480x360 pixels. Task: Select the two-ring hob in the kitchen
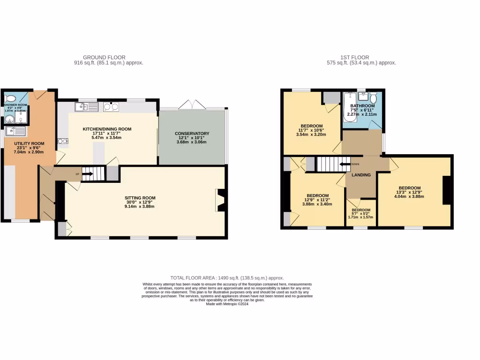point(111,107)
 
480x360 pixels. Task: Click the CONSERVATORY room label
point(192,134)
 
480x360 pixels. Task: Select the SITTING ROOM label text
point(140,198)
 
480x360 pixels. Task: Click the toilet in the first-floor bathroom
point(374,97)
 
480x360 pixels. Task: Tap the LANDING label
point(361,175)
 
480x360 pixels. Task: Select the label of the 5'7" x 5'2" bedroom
point(361,210)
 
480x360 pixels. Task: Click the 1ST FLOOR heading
point(361,57)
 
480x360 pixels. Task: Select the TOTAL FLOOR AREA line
point(227,278)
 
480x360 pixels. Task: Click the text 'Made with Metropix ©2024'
point(227,304)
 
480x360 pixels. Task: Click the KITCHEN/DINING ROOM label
point(107,129)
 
